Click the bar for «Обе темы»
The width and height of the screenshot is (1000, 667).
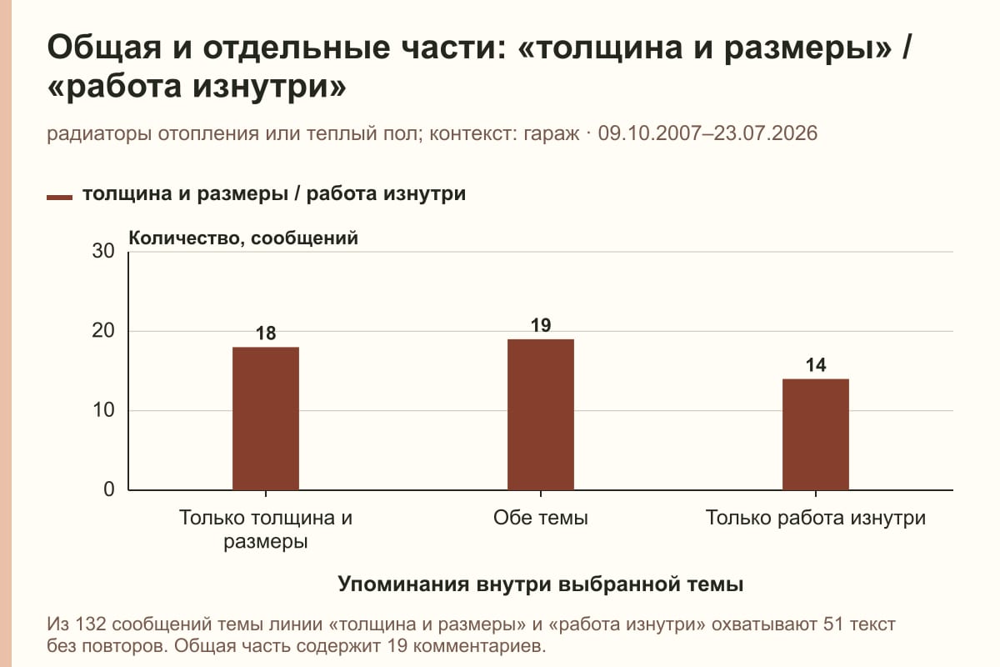pos(541,414)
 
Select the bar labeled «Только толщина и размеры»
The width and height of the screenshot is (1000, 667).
pos(266,419)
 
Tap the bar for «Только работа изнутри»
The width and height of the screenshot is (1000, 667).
pos(816,434)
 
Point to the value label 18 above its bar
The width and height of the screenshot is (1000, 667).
pos(266,333)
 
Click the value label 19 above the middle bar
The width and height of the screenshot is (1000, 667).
pos(541,325)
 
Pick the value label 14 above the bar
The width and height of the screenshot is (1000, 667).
pos(816,365)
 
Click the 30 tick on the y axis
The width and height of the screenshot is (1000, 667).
pos(103,251)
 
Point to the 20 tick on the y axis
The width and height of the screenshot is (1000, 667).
pos(103,331)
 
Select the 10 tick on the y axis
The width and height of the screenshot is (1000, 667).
pos(103,410)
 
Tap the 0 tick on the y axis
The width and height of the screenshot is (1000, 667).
pos(109,489)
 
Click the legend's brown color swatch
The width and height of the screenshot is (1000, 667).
pos(59,198)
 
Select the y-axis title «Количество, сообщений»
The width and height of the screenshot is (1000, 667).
pos(243,238)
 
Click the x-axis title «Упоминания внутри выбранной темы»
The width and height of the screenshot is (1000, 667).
pos(541,584)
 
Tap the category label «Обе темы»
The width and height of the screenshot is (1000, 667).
pos(541,518)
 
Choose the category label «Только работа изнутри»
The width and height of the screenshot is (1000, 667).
pos(816,519)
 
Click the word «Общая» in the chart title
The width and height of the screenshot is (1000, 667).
pos(104,48)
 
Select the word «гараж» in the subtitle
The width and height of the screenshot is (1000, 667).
pos(552,134)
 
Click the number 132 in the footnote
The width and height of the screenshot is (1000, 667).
pos(91,624)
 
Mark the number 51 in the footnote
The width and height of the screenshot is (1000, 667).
pos(833,624)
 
